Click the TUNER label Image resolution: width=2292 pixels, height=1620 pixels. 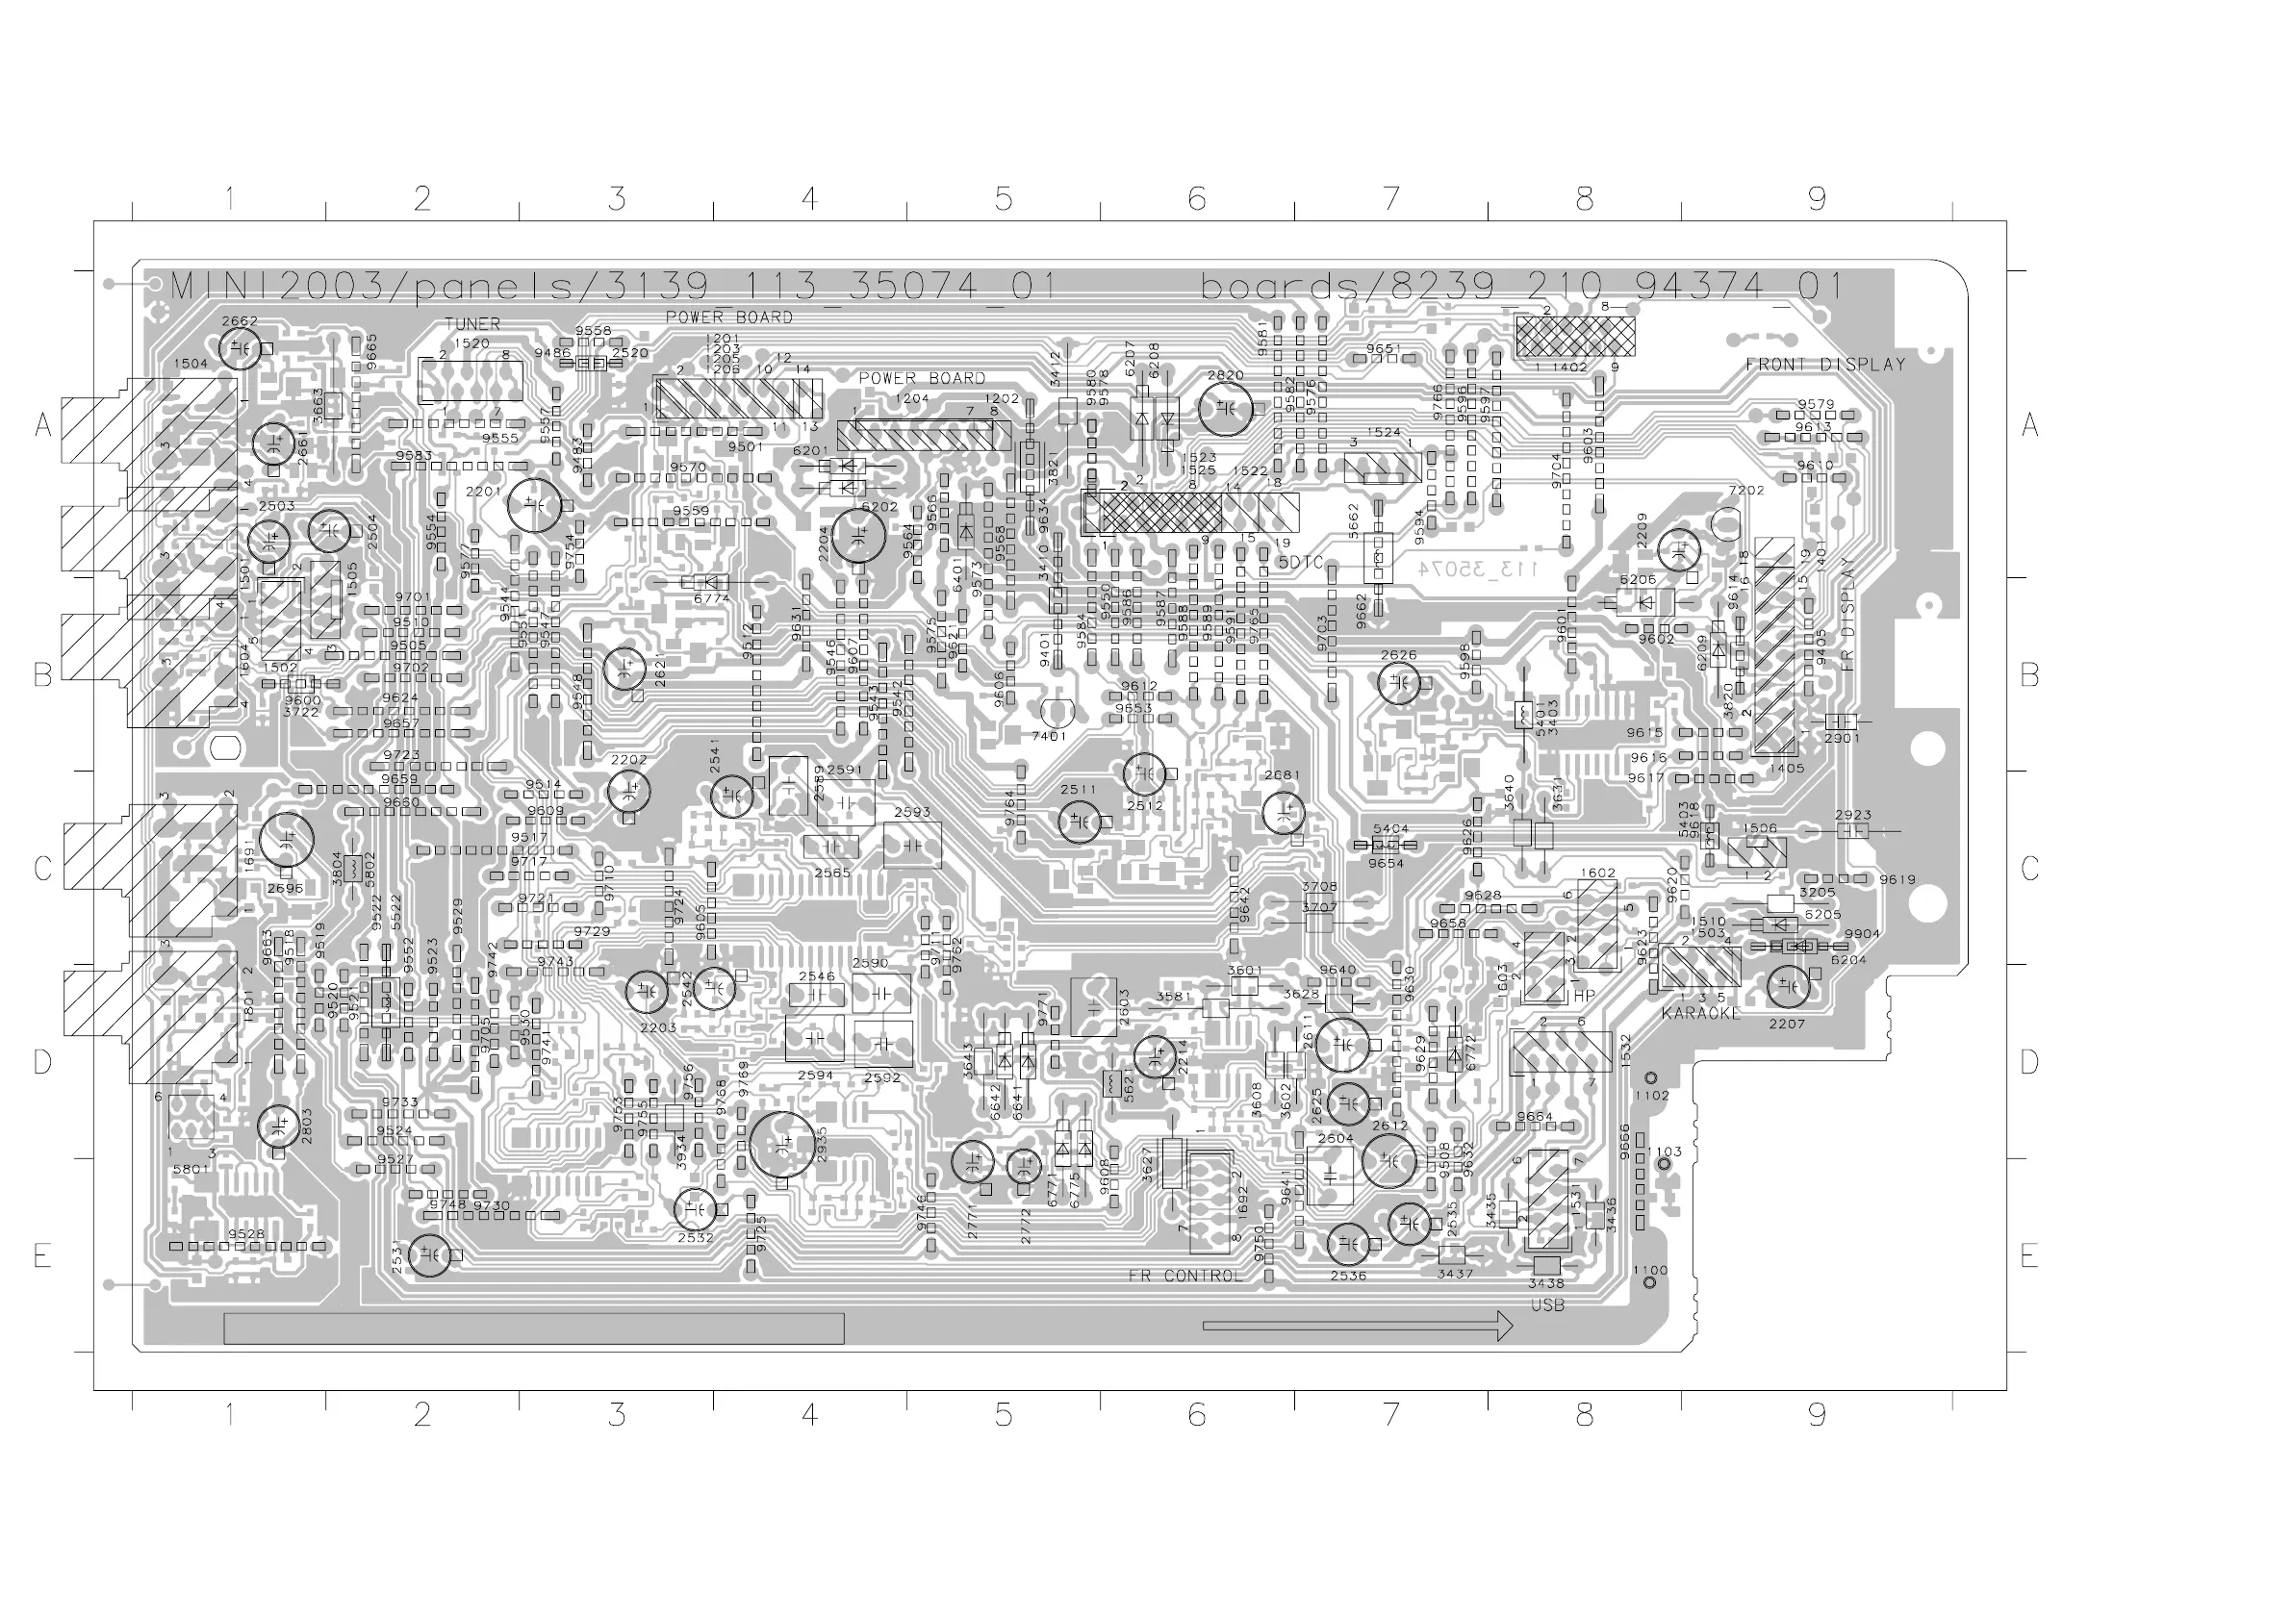click(472, 324)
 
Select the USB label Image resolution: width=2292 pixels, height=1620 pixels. click(1547, 1305)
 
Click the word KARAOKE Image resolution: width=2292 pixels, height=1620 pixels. click(1701, 1013)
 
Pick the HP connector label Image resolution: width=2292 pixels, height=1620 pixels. click(1584, 995)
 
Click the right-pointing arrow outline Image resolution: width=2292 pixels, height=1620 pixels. click(1358, 1326)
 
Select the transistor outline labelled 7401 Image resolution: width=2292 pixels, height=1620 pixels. click(1057, 713)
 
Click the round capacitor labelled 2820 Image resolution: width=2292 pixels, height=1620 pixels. click(1225, 408)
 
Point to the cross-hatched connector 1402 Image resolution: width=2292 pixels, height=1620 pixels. click(1575, 337)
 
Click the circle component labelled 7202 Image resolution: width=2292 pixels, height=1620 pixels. click(1725, 522)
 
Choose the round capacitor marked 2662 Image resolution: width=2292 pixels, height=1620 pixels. click(241, 348)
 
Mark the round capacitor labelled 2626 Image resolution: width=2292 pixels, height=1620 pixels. click(1398, 684)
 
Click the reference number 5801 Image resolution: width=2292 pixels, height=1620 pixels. click(191, 1169)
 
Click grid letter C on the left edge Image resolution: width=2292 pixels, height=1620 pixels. click(42, 869)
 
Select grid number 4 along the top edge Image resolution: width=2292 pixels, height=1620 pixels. click(809, 200)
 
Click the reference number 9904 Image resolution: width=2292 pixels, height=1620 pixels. click(1862, 934)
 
